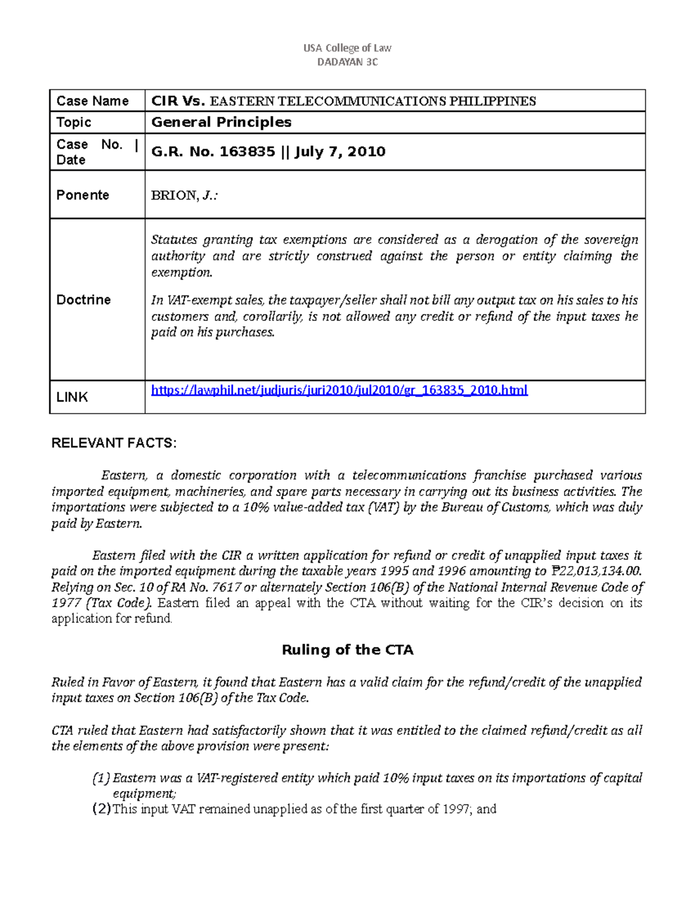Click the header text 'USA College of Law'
348,48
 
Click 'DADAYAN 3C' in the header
348,62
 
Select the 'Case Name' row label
93,101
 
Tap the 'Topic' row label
74,122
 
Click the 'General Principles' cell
221,122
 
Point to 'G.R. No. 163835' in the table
213,152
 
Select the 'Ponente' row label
83,195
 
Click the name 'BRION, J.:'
184,195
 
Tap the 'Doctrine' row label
83,300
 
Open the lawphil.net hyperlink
339,390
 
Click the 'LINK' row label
72,397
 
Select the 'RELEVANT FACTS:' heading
114,443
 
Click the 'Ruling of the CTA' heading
348,650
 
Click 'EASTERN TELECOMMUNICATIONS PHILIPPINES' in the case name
372,101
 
